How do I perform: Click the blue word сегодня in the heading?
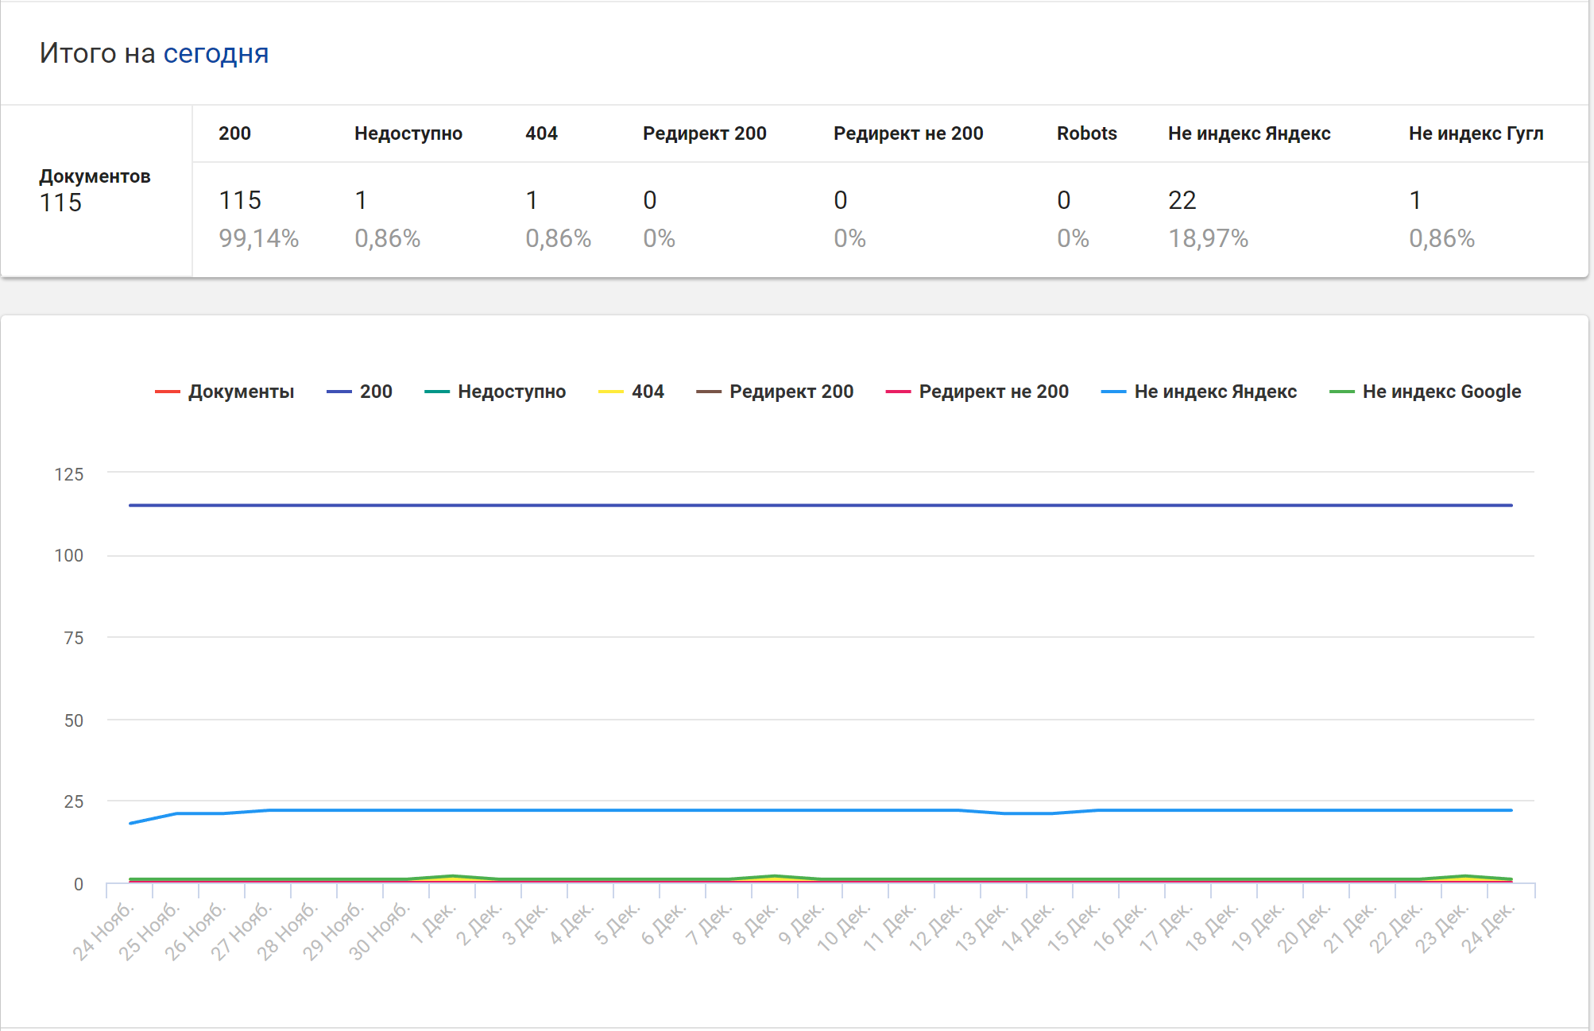(215, 53)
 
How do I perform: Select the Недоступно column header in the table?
(408, 133)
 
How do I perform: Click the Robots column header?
(1086, 133)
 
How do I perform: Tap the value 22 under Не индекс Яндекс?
(1182, 200)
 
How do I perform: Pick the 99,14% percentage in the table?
(258, 238)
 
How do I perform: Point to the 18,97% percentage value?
(1208, 238)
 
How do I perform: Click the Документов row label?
(95, 176)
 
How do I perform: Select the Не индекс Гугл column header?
(1476, 133)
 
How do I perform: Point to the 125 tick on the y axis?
(68, 475)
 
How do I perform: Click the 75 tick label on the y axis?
(73, 638)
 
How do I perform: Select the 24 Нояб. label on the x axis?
(103, 931)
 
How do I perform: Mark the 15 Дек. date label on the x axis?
(1074, 928)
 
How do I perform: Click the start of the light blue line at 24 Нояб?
(130, 823)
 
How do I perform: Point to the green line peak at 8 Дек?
(775, 876)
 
